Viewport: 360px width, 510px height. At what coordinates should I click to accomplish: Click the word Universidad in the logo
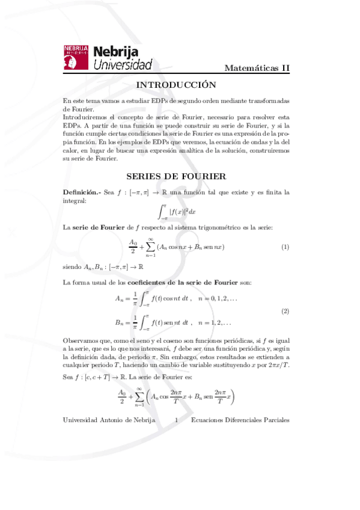point(123,64)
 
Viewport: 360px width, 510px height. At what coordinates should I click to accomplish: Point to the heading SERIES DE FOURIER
point(176,176)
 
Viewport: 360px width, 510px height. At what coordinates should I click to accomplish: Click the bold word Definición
point(81,192)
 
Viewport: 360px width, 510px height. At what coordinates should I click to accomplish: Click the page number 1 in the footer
point(175,421)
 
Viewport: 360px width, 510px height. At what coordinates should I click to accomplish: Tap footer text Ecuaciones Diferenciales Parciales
point(240,421)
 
